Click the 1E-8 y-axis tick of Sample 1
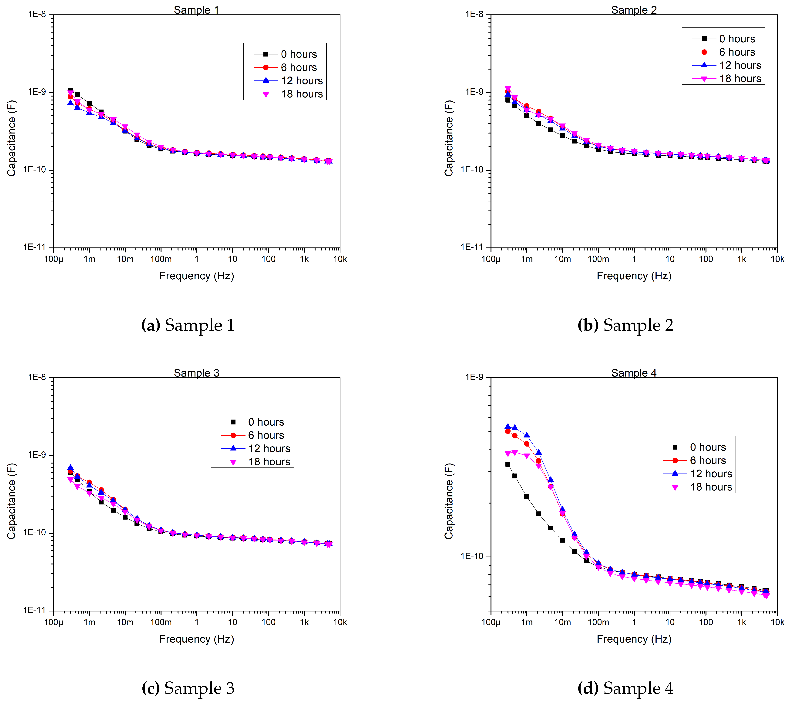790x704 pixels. [37, 14]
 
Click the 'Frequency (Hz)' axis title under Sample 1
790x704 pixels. [197, 276]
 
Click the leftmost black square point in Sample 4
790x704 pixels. [508, 464]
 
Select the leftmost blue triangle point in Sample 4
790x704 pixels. [508, 427]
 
